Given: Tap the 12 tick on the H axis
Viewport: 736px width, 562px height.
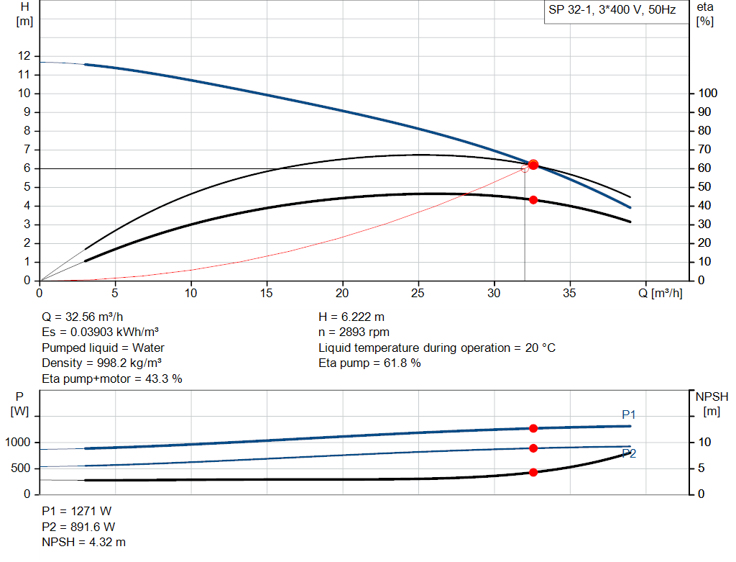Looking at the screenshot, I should tap(25, 55).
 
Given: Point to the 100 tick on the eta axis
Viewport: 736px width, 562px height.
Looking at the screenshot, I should tap(708, 94).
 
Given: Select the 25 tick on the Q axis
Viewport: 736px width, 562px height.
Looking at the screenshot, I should tap(418, 293).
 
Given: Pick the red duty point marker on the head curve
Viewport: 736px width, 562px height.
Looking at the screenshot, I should tap(533, 165).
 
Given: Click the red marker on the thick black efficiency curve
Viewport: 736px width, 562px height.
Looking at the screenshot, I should tap(533, 199).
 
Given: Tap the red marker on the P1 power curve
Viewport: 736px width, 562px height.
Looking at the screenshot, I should tap(533, 428).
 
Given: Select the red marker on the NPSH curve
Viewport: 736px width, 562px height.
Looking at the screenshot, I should tap(533, 472).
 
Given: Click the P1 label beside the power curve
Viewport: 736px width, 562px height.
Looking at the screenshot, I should tap(629, 414).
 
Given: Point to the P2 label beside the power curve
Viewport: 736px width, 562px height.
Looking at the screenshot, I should tap(629, 453).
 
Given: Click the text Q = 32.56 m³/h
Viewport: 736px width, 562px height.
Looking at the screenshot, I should tap(87, 317).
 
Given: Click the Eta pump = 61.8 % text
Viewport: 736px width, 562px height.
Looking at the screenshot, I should tap(369, 363).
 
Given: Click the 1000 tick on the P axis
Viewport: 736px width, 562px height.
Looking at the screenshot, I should tap(20, 442).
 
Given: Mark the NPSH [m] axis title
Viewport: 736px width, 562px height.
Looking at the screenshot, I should tap(712, 404).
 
